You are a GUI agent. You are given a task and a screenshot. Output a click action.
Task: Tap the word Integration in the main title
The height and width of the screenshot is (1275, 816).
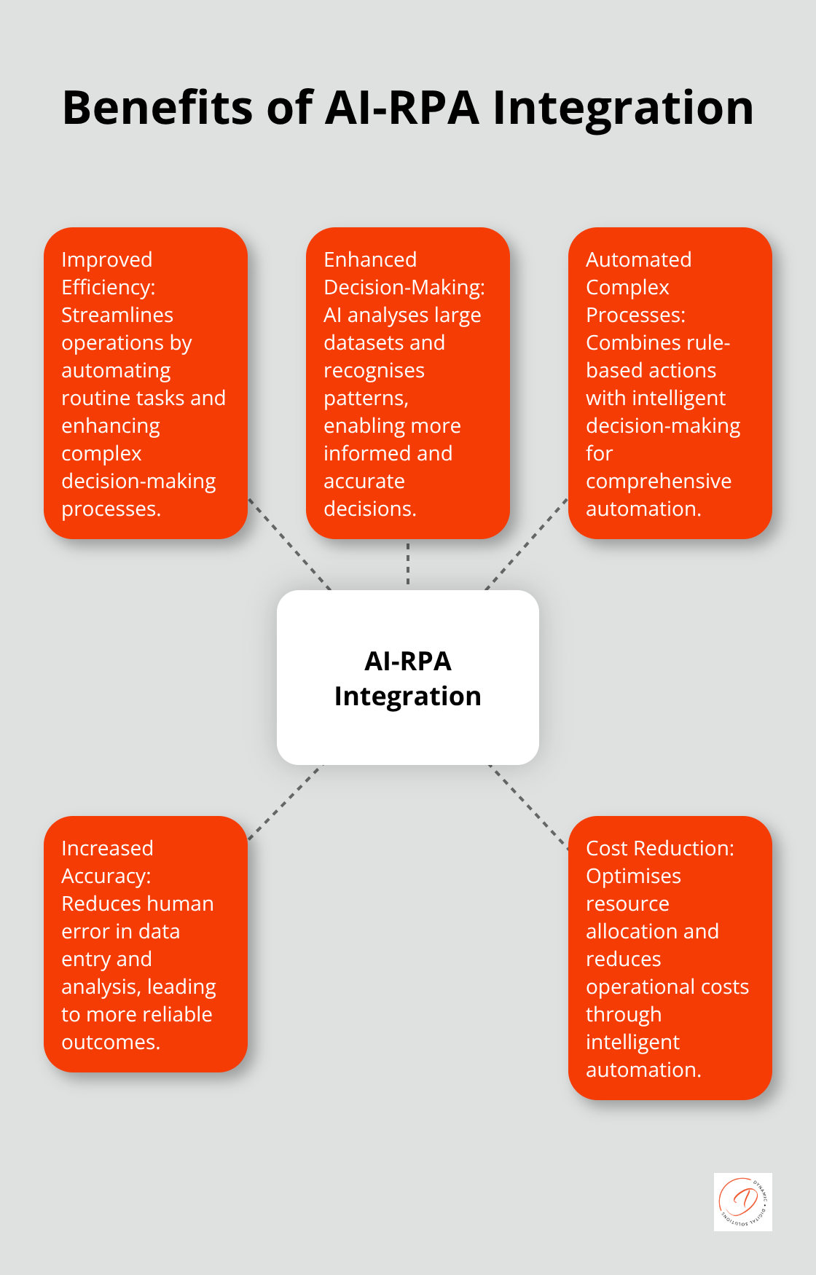(x=623, y=108)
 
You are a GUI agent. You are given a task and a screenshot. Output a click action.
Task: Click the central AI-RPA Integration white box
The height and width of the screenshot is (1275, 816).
(x=407, y=678)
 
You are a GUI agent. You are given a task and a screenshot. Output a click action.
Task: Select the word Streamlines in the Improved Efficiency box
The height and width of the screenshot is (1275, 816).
(x=117, y=315)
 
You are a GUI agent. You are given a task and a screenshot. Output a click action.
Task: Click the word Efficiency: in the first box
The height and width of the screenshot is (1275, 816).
(x=108, y=287)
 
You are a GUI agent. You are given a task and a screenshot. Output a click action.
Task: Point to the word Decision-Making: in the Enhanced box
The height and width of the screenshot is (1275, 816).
(x=404, y=287)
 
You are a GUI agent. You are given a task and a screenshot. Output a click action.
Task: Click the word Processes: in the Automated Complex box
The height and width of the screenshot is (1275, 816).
(x=635, y=315)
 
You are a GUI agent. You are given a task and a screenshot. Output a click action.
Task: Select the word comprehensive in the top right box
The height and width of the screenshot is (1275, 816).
(x=658, y=481)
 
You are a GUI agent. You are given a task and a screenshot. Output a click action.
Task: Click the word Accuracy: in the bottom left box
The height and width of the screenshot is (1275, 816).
(x=106, y=876)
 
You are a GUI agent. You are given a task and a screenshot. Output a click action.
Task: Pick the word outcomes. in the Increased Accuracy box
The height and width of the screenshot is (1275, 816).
(x=110, y=1042)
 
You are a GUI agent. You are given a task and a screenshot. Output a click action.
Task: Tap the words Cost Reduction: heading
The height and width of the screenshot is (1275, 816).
(x=659, y=848)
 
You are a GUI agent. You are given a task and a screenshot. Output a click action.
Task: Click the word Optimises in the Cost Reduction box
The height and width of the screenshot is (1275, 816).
(x=633, y=876)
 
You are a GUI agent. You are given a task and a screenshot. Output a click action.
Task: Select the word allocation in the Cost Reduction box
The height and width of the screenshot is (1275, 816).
(x=632, y=931)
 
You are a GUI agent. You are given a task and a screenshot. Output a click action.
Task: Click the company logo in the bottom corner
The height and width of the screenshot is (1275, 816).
(x=742, y=1201)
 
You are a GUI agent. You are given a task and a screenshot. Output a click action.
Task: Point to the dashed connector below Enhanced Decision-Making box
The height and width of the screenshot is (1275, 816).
(x=408, y=565)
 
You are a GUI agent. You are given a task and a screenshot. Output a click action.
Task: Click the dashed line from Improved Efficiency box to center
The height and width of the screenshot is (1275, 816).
(x=289, y=544)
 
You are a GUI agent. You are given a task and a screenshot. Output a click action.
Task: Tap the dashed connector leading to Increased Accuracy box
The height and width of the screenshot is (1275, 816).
(x=286, y=801)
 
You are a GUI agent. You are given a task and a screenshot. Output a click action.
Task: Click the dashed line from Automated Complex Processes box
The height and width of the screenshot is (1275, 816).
(x=526, y=544)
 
